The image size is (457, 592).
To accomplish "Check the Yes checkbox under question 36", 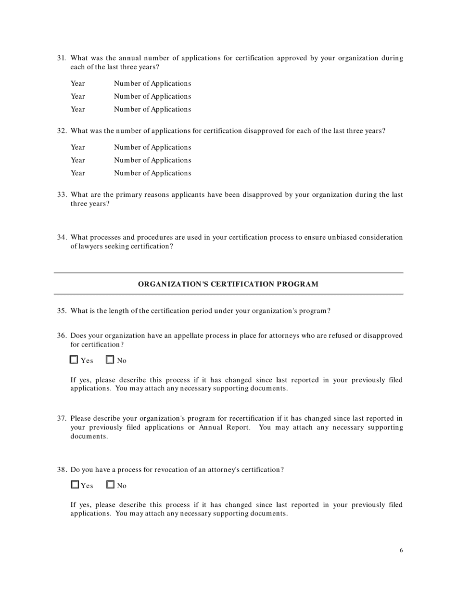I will (74, 360).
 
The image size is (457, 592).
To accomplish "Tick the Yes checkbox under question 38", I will (75, 485).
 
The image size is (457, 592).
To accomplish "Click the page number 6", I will (401, 551).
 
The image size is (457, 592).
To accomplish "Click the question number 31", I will (62, 58).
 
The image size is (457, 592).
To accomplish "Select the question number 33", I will (62, 195).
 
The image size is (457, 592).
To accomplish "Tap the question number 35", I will (62, 311).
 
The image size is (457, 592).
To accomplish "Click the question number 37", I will (62, 418).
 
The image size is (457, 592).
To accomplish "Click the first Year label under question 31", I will (77, 84).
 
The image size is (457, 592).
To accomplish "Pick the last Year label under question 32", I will (77, 173).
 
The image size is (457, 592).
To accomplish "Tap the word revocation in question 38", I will (169, 470).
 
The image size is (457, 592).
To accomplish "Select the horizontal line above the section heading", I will (228, 273).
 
